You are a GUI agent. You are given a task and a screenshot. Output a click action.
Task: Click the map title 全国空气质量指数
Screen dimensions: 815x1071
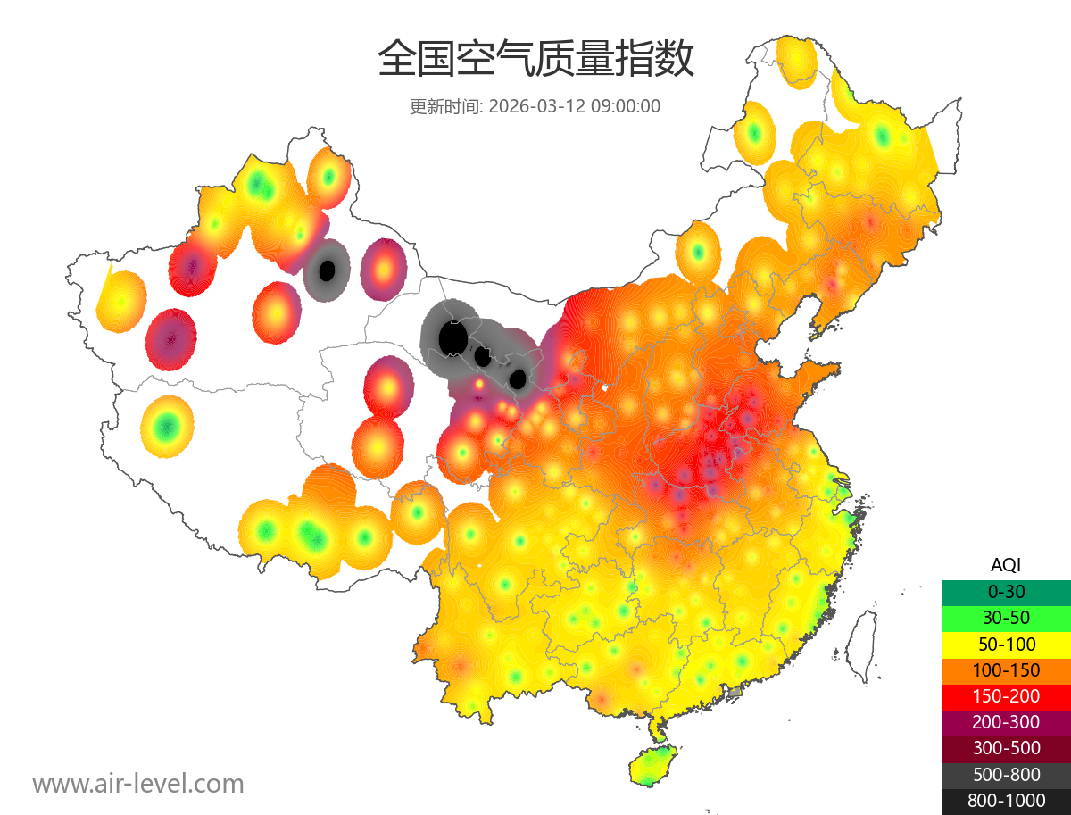coord(535,59)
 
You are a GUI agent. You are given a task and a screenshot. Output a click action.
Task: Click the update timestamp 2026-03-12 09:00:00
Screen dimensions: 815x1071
coord(575,106)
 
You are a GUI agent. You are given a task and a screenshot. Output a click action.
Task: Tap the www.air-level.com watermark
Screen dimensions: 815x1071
coord(138,784)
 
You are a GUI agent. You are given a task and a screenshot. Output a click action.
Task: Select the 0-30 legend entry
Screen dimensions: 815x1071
coord(1006,592)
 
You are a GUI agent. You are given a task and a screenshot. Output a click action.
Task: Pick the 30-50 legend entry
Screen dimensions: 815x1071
coord(1006,618)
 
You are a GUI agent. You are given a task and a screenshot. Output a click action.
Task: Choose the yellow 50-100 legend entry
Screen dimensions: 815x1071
coord(1006,644)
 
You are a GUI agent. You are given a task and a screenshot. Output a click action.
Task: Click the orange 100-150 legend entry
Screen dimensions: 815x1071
coord(1006,669)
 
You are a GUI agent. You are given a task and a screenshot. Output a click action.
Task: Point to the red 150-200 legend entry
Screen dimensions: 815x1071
coord(1006,695)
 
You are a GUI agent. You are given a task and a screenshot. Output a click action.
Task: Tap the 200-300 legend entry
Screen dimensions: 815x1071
coord(1006,722)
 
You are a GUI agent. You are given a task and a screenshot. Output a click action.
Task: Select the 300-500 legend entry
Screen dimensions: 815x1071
coord(1006,748)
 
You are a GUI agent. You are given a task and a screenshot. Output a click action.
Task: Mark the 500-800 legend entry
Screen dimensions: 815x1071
coord(1006,774)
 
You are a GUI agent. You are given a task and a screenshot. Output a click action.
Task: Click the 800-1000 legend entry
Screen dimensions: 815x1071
coord(1006,801)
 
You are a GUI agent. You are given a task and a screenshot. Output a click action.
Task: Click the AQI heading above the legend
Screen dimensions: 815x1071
coord(1006,565)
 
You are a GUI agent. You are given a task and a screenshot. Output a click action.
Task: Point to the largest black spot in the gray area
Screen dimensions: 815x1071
coord(453,338)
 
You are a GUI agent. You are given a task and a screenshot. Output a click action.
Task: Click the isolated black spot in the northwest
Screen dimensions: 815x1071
coord(327,269)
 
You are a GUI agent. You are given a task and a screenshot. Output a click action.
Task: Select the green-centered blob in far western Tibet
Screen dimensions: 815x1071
coord(165,427)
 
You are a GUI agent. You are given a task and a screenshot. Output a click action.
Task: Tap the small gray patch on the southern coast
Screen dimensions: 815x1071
coord(735,692)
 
